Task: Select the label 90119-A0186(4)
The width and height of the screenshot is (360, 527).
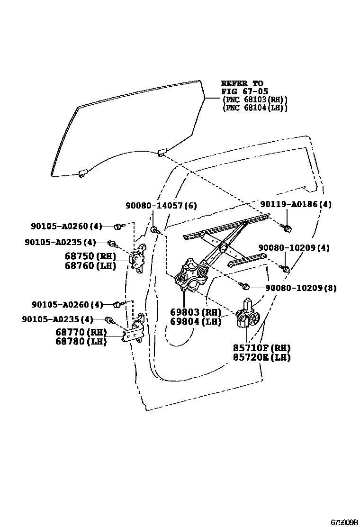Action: click(x=296, y=204)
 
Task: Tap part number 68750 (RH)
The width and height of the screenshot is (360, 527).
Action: click(x=90, y=256)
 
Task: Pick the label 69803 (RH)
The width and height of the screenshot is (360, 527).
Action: click(x=196, y=312)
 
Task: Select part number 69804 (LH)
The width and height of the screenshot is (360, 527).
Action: click(x=196, y=322)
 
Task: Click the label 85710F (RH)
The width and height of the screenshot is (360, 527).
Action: click(x=261, y=348)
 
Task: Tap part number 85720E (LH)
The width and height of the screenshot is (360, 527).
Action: click(x=261, y=357)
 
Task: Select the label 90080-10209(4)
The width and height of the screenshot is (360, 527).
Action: click(x=294, y=248)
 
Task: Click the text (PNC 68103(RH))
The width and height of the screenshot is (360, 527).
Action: click(x=255, y=100)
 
